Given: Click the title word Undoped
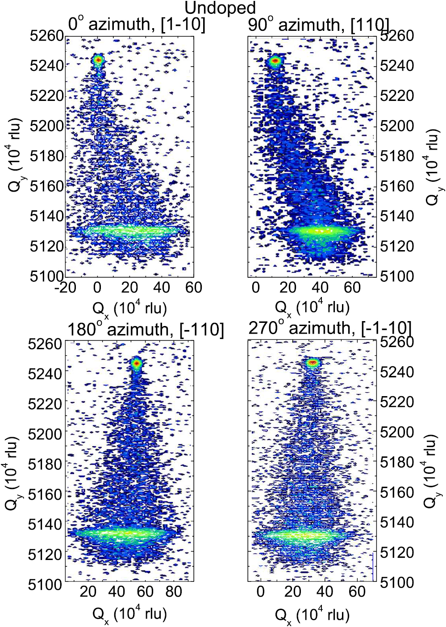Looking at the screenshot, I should click(x=220, y=8).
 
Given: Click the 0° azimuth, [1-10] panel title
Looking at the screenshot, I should click(x=137, y=24).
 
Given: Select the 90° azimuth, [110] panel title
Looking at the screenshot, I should click(x=318, y=25).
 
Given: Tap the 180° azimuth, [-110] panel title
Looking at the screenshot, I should click(x=146, y=330).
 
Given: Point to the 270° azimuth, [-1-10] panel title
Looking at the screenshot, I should click(x=329, y=328).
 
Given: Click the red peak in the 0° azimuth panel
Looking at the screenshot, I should click(x=98, y=59).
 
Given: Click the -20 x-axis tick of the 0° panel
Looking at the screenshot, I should click(x=65, y=287).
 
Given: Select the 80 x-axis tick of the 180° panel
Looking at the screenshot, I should click(x=174, y=591).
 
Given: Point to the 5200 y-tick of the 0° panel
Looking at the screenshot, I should click(x=47, y=125).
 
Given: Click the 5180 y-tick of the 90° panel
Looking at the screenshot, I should click(x=397, y=156).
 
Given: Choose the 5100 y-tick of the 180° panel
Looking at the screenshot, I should click(x=45, y=584).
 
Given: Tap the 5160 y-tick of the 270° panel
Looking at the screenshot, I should click(x=397, y=492).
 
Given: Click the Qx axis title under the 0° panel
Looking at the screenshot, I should click(x=129, y=309).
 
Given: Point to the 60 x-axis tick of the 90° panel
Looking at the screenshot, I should click(x=352, y=287).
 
